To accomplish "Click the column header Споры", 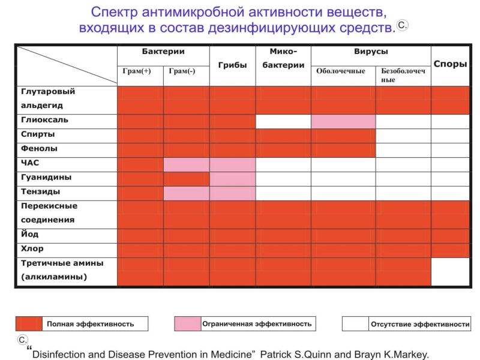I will coord(450,64).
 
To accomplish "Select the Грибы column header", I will coord(232,65).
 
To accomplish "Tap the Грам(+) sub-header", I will coord(139,71).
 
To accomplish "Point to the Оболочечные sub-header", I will coord(341,71).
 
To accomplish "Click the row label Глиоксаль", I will coord(44,120).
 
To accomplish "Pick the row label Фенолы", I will coord(40,148).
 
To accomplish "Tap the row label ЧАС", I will coord(31,163).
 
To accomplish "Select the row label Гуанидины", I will coord(46,178).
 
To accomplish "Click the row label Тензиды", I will coord(41,191).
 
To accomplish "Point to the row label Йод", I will coord(30,234).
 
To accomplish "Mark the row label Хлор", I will coord(32,248).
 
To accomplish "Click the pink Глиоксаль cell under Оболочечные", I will coord(343,121).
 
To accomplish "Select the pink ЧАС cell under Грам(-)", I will coord(186,164).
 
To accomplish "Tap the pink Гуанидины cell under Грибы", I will coord(232,178).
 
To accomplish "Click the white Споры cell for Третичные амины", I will coord(450,271).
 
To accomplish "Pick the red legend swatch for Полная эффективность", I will coord(29,324).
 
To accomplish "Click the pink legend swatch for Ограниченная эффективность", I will coord(187,324).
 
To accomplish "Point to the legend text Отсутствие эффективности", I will coord(420,325).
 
